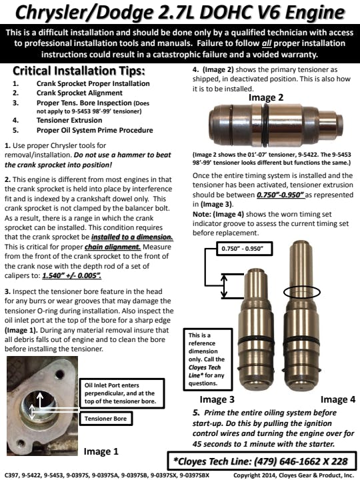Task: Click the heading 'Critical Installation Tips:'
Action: [x=79, y=71]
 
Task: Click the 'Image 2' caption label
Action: [x=266, y=97]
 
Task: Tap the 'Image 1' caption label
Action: [x=101, y=451]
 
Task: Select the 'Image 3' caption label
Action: [x=217, y=399]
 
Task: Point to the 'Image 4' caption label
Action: [x=338, y=399]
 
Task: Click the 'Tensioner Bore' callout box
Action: [x=106, y=419]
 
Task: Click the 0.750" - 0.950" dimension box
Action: [x=244, y=248]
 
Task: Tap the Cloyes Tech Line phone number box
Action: [x=263, y=461]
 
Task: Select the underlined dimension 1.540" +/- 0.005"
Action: [x=71, y=275]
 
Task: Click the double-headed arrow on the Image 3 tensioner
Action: [x=224, y=286]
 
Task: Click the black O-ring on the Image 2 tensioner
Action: [x=265, y=125]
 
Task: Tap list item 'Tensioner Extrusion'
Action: [x=69, y=120]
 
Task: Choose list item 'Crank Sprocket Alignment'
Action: [x=79, y=93]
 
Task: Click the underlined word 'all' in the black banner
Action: [x=267, y=43]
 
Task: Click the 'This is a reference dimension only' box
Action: [x=208, y=359]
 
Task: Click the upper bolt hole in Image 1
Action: [x=60, y=374]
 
